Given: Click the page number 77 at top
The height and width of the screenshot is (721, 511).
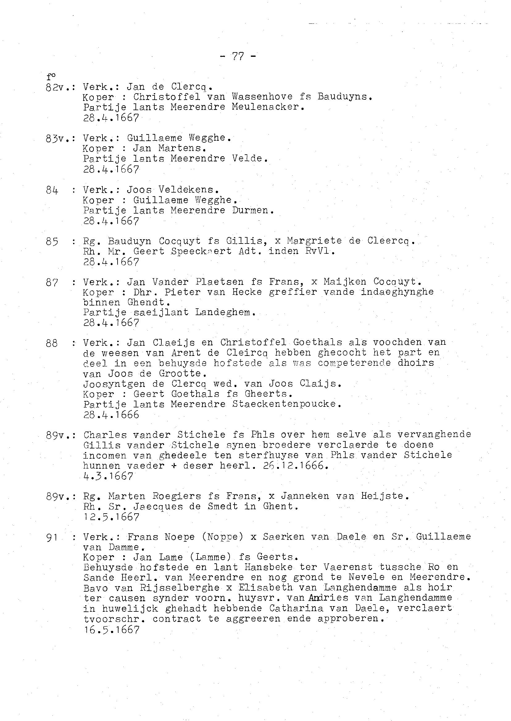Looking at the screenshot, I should pyautogui.click(x=238, y=56).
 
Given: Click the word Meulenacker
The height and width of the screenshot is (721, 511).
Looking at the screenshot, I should pyautogui.click(x=268, y=107).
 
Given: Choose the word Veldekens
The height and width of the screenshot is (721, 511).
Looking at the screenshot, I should pyautogui.click(x=188, y=190).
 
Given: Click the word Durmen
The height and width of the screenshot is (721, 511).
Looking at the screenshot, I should pyautogui.click(x=253, y=210).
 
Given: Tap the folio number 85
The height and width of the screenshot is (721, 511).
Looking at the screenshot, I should pyautogui.click(x=52, y=241).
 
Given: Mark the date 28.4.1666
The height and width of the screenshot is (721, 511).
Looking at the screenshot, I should pyautogui.click(x=111, y=415).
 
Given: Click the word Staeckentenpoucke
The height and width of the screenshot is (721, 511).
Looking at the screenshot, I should pyautogui.click(x=286, y=404).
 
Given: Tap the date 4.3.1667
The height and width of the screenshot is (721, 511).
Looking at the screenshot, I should pyautogui.click(x=108, y=476).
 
